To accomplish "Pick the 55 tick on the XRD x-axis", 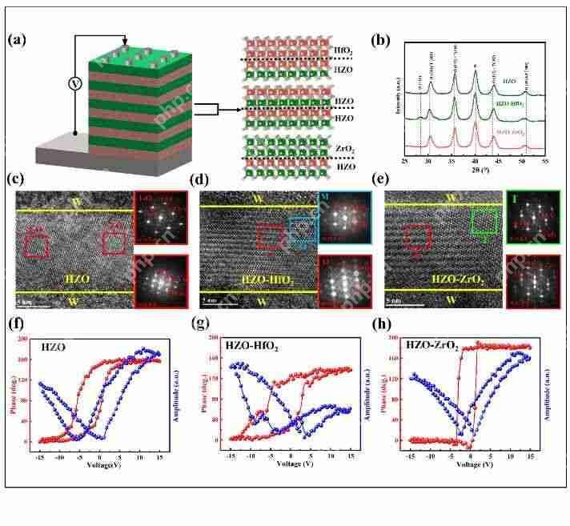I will click(544, 162).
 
